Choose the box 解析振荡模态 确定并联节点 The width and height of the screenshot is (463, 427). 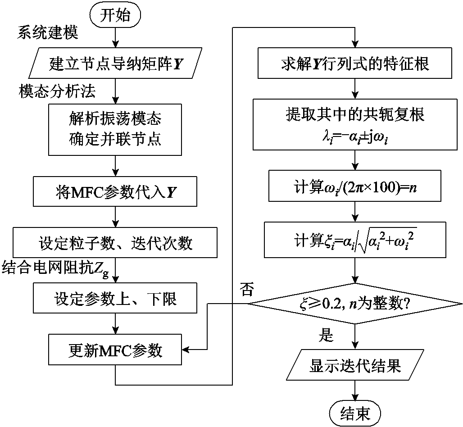(116, 130)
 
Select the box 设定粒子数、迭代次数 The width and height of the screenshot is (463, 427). (116, 244)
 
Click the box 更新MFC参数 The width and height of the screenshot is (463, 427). (116, 350)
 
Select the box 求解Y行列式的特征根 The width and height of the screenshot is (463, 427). (356, 64)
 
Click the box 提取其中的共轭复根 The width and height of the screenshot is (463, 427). (356, 124)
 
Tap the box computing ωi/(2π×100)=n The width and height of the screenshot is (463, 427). (356, 186)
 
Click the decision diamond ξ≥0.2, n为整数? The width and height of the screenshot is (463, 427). (356, 304)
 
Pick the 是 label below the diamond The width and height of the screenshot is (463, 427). (326, 336)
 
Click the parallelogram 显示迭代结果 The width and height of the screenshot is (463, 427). (356, 366)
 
